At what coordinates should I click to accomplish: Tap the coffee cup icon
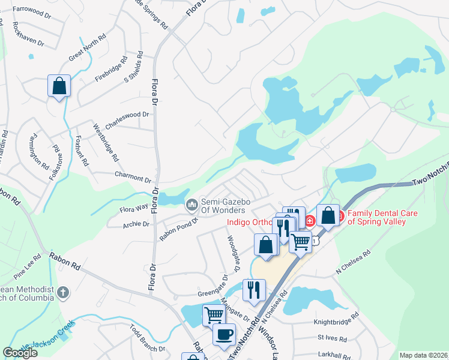coord(224,335)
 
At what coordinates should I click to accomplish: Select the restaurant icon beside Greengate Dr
coord(254,290)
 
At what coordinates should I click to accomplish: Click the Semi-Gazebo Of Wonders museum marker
coord(192,205)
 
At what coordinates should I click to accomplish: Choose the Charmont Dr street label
coord(133,178)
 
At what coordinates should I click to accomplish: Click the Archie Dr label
coord(135,224)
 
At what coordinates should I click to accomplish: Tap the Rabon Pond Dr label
coord(178,229)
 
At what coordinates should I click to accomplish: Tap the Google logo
coord(20,352)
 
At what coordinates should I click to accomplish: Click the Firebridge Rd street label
coord(112,70)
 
